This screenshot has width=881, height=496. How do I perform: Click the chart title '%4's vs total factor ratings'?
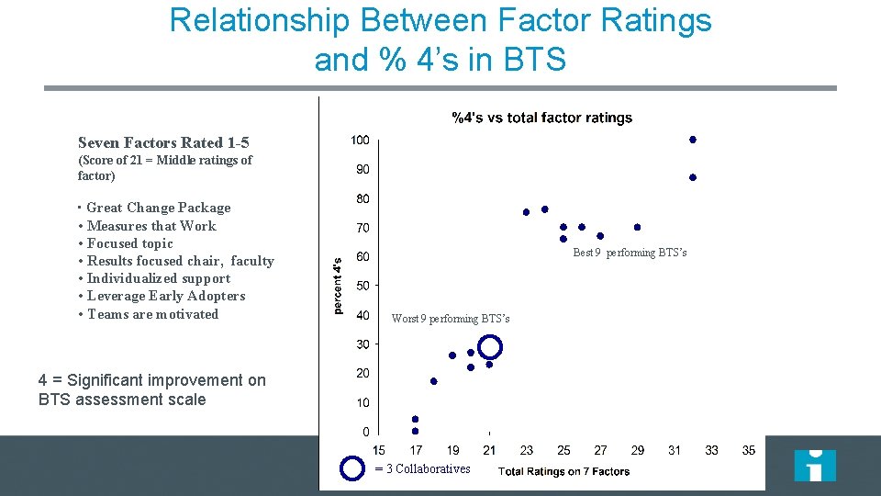(541, 118)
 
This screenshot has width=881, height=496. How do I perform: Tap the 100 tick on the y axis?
(360, 141)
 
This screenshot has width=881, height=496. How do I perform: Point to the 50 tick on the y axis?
(362, 286)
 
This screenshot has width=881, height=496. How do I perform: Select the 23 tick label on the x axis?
(526, 450)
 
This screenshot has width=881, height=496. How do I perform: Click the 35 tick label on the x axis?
(749, 450)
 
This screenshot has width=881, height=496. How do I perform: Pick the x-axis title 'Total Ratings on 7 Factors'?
(563, 471)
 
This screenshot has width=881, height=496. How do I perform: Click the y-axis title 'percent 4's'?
(337, 286)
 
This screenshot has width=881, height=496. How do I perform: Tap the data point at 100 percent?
(693, 140)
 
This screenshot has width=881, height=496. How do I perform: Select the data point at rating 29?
(637, 227)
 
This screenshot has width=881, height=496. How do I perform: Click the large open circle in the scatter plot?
(490, 346)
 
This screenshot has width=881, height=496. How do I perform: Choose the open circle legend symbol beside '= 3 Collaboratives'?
(352, 468)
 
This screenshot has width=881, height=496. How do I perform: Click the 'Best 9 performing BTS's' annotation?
(630, 253)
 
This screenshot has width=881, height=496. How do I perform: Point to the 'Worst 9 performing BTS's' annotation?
(450, 319)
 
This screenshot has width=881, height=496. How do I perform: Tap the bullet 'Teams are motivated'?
(152, 314)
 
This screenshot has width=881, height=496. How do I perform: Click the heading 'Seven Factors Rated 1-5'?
(163, 142)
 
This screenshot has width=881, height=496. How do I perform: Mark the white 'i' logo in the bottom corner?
(815, 465)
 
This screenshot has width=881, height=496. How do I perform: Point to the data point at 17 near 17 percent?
(434, 381)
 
